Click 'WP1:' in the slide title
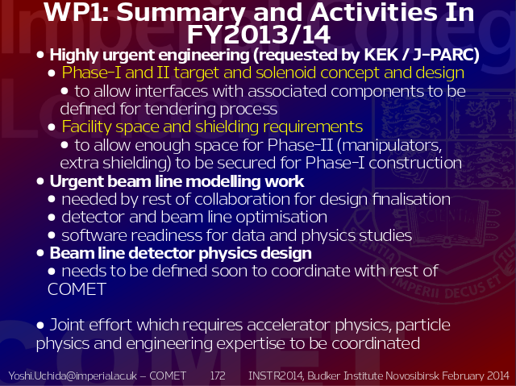pos(77,13)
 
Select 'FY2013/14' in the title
pos(259,35)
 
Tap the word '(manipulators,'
pos(389,145)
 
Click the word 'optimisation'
pos(281,217)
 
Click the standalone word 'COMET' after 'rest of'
pos(77,289)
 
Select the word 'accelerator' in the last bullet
pos(289,325)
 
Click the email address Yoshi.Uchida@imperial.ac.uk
pos(73,376)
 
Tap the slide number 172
pos(218,376)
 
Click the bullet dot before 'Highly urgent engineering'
pos(40,55)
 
